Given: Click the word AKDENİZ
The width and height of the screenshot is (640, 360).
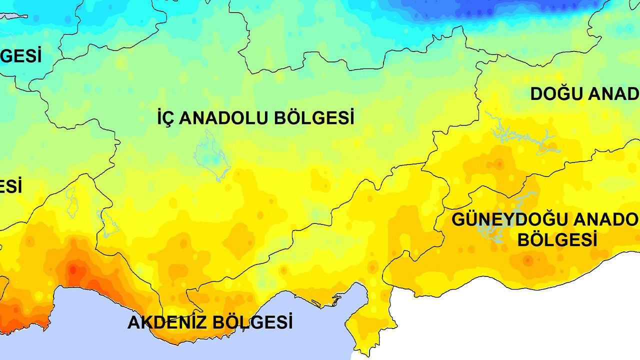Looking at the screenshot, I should [x=167, y=322].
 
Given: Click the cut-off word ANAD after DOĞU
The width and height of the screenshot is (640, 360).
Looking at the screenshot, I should [x=613, y=94].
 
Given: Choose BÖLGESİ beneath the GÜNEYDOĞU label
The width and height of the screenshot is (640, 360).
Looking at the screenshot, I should [x=557, y=240].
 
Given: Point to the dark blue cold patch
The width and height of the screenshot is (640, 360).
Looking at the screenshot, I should [x=480, y=7].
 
